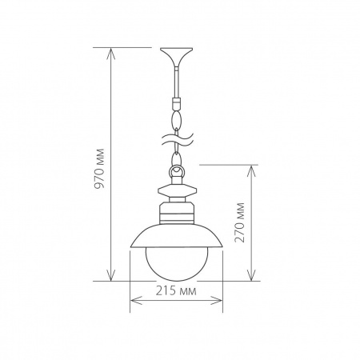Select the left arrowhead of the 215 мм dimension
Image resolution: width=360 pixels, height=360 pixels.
point(133,302)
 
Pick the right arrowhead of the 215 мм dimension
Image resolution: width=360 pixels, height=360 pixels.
point(220,302)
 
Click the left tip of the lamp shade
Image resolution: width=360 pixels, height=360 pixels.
point(129,246)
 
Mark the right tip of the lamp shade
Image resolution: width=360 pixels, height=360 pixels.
point(224,246)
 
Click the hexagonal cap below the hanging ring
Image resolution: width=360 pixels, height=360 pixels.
point(176,192)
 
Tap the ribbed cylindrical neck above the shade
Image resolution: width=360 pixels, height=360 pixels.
point(176,213)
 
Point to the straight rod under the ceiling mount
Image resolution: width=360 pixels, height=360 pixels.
point(176,80)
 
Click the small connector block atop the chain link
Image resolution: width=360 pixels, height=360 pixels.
point(176,102)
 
